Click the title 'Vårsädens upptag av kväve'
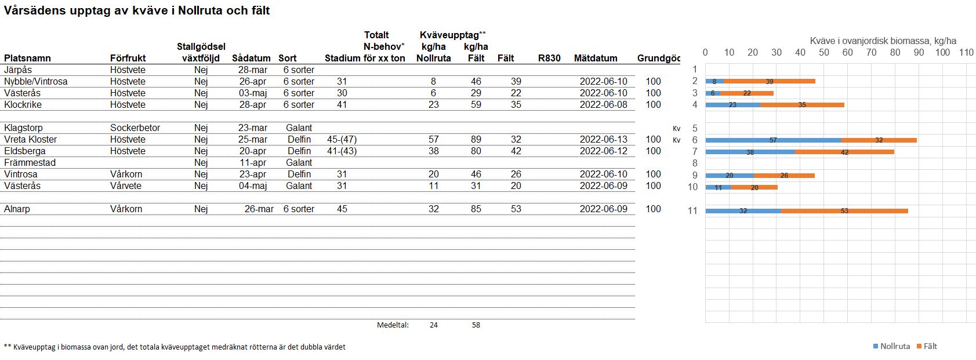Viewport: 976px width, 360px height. [x=137, y=10]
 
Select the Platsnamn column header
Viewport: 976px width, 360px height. [x=27, y=58]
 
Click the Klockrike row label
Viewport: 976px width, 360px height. [x=23, y=104]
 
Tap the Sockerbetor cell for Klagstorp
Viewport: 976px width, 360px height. [x=135, y=128]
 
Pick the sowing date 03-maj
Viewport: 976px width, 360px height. [x=253, y=93]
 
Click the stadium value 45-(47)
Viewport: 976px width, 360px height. [x=342, y=139]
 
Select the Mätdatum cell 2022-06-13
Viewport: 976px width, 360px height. [x=603, y=139]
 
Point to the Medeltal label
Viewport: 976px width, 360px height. [x=393, y=325]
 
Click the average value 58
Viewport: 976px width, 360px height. [x=476, y=325]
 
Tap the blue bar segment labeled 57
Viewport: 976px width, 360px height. [x=773, y=140]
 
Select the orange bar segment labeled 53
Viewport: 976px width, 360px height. [x=844, y=211]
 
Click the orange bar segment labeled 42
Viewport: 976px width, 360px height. [x=844, y=152]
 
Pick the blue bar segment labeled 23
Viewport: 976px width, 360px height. [x=732, y=105]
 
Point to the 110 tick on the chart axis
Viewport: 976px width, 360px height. [x=966, y=52]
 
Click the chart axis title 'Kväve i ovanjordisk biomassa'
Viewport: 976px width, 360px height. [x=883, y=41]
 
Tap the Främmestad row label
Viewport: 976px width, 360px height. [x=30, y=162]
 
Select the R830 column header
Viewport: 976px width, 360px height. [x=549, y=58]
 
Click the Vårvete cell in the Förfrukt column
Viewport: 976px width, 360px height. [x=126, y=186]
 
